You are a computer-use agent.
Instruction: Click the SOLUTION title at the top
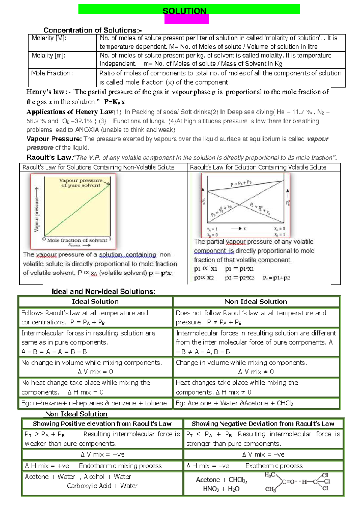pos(184,11)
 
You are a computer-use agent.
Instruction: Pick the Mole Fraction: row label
pos(52,73)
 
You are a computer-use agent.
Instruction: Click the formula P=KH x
pos(115,102)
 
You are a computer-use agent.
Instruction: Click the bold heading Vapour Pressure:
pos(54,139)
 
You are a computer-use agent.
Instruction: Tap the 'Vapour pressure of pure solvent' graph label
pos(81,183)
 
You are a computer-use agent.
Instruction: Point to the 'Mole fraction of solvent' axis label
pos(77,240)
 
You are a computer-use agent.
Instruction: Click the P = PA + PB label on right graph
pos(241,184)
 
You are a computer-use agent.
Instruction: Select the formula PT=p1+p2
pos(276,278)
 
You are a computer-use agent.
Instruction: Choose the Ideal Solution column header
pos(95,302)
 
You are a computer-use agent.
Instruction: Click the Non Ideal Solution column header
pos(256,302)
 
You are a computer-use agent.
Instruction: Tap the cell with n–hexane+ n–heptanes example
pos(94,403)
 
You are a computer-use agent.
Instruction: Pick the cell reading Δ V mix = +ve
pos(103,455)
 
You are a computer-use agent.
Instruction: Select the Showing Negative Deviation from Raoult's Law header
pos(263,424)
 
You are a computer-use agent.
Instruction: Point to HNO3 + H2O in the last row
pos(221,489)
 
